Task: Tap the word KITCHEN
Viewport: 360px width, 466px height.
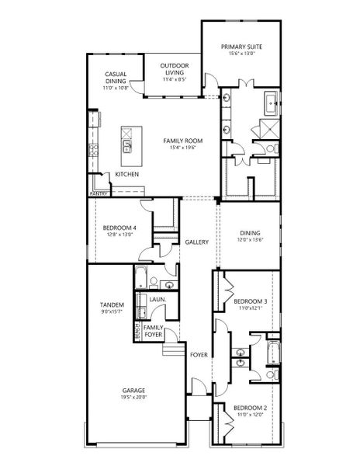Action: pos(127,174)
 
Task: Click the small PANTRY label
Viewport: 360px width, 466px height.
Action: pos(99,193)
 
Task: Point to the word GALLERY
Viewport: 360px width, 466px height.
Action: pos(196,242)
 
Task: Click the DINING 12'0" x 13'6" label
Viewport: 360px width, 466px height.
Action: pos(250,236)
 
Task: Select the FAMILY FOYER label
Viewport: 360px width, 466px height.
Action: pos(154,331)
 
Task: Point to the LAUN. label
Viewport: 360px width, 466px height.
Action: pos(155,298)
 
